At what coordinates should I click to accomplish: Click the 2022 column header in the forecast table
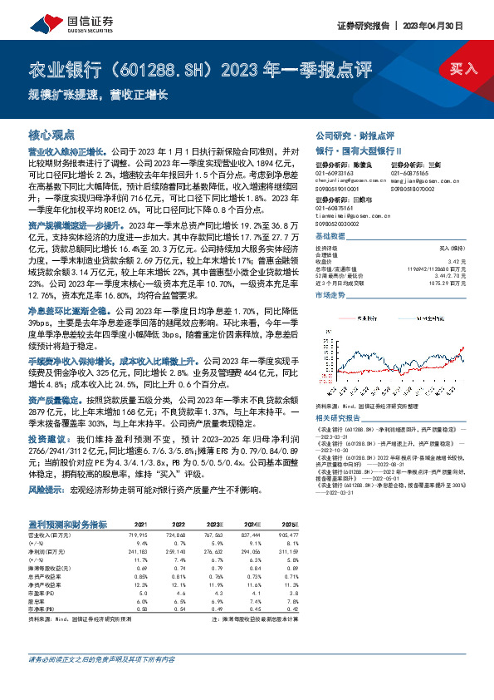point(177,525)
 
